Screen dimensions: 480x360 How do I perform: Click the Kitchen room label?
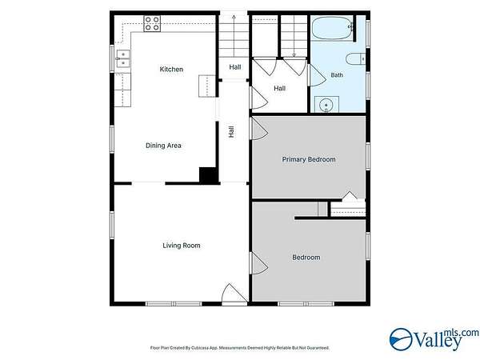(x=171, y=69)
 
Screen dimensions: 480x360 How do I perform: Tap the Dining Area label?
(x=163, y=146)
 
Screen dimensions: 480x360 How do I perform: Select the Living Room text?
(x=182, y=246)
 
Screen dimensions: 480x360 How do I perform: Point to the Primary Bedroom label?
(x=309, y=159)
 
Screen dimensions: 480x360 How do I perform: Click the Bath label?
(x=337, y=75)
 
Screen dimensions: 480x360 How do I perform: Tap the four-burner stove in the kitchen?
(x=152, y=23)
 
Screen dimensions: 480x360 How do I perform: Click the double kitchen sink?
(x=123, y=58)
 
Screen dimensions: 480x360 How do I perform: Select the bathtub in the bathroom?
(x=333, y=28)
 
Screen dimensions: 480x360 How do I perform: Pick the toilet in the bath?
(x=355, y=58)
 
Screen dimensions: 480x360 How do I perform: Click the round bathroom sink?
(x=326, y=105)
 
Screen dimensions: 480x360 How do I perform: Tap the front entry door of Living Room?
(x=234, y=294)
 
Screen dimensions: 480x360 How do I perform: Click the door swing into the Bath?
(x=317, y=74)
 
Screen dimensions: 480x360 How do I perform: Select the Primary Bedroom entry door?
(x=259, y=129)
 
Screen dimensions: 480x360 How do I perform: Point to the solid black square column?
(x=209, y=175)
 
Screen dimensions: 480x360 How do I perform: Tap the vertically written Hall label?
(x=231, y=132)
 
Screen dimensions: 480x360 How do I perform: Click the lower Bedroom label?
(x=306, y=258)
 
